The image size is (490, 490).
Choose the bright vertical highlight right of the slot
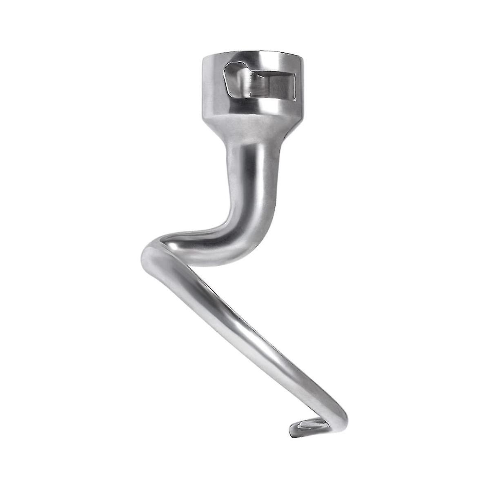click(x=300, y=82)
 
